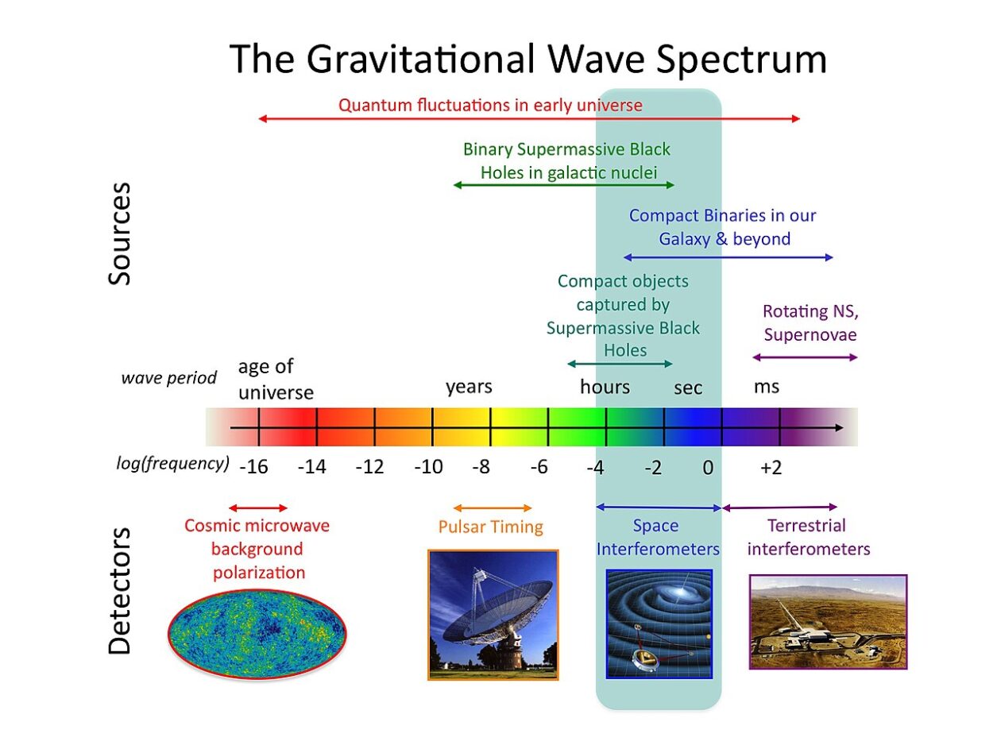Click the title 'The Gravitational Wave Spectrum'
[x=528, y=59]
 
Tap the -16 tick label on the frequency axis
[x=253, y=468]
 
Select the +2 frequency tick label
[x=771, y=468]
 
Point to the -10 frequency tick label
[x=428, y=468]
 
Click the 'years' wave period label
[x=469, y=387]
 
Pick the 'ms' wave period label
[x=767, y=387]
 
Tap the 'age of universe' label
[x=275, y=380]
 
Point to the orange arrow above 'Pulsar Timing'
[x=493, y=508]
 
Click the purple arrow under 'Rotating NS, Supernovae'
[x=805, y=357]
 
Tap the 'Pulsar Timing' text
[x=491, y=527]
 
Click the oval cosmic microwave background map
[x=257, y=631]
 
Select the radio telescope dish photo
[x=493, y=615]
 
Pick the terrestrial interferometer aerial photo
[x=828, y=622]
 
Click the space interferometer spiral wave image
[x=659, y=623]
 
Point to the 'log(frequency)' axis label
[x=173, y=463]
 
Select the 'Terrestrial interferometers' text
[x=808, y=538]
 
